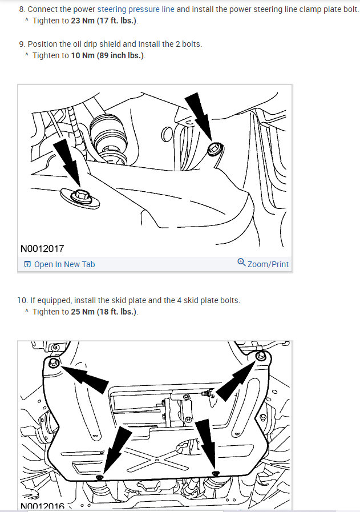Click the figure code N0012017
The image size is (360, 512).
click(x=42, y=249)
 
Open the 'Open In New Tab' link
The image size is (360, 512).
click(x=64, y=264)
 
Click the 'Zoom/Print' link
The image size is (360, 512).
click(x=268, y=264)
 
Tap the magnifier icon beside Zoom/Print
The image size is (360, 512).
click(x=241, y=263)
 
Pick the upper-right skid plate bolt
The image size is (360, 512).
click(x=261, y=356)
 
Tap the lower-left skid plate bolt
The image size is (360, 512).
click(x=99, y=477)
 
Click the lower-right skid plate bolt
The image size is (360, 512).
click(x=216, y=473)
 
